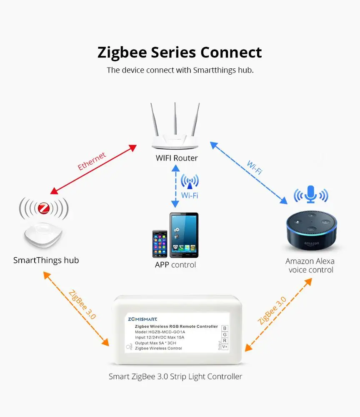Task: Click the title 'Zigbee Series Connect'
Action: pos(180,53)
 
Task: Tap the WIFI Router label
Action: pos(177,158)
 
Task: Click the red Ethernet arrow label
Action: pos(92,161)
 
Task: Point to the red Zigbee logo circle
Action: pos(43,208)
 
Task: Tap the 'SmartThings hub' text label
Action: pos(46,260)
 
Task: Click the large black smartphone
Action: pos(183,235)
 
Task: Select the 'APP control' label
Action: pos(175,265)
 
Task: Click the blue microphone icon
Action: pos(311,194)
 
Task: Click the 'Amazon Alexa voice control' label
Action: pos(310,266)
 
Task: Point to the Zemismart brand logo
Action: pos(142,319)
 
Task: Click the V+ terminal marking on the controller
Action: pos(225,347)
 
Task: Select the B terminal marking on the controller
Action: pos(225,328)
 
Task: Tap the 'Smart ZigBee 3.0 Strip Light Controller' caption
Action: pos(175,377)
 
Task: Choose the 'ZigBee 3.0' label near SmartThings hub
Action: pos(82,304)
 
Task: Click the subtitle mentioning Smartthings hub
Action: pos(180,70)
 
